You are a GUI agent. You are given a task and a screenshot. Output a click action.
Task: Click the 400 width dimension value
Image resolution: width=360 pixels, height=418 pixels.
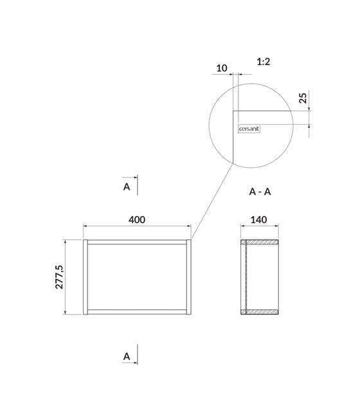(137, 220)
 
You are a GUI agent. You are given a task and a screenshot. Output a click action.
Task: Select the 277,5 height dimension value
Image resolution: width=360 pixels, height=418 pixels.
(59, 277)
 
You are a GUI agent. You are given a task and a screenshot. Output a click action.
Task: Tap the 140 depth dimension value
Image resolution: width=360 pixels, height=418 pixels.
(258, 220)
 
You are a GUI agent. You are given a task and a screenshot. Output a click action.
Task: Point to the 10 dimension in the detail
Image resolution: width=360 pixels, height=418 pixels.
(222, 68)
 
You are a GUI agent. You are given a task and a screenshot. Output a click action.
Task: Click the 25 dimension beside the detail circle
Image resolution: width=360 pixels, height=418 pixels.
(303, 98)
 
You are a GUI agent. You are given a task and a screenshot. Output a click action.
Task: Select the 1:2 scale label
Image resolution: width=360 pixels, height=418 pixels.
(264, 62)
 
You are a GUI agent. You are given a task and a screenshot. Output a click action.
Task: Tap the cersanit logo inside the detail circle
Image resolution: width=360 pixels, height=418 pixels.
(249, 129)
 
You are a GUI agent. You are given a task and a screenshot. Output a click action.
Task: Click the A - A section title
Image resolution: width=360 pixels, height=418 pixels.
(260, 192)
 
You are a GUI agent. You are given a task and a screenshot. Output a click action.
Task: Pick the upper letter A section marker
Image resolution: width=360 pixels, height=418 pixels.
(127, 187)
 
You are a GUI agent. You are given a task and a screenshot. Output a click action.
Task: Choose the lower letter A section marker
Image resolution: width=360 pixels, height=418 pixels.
(127, 356)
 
